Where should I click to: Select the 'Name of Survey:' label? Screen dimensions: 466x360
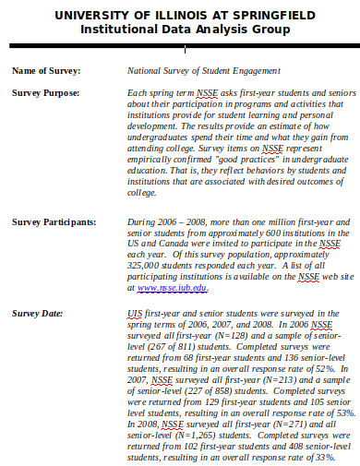45,70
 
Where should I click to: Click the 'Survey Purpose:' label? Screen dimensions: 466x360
45,93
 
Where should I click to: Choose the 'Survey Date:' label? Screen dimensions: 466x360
37,314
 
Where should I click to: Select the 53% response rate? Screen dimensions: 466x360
337,413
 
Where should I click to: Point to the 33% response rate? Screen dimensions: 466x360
317,458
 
